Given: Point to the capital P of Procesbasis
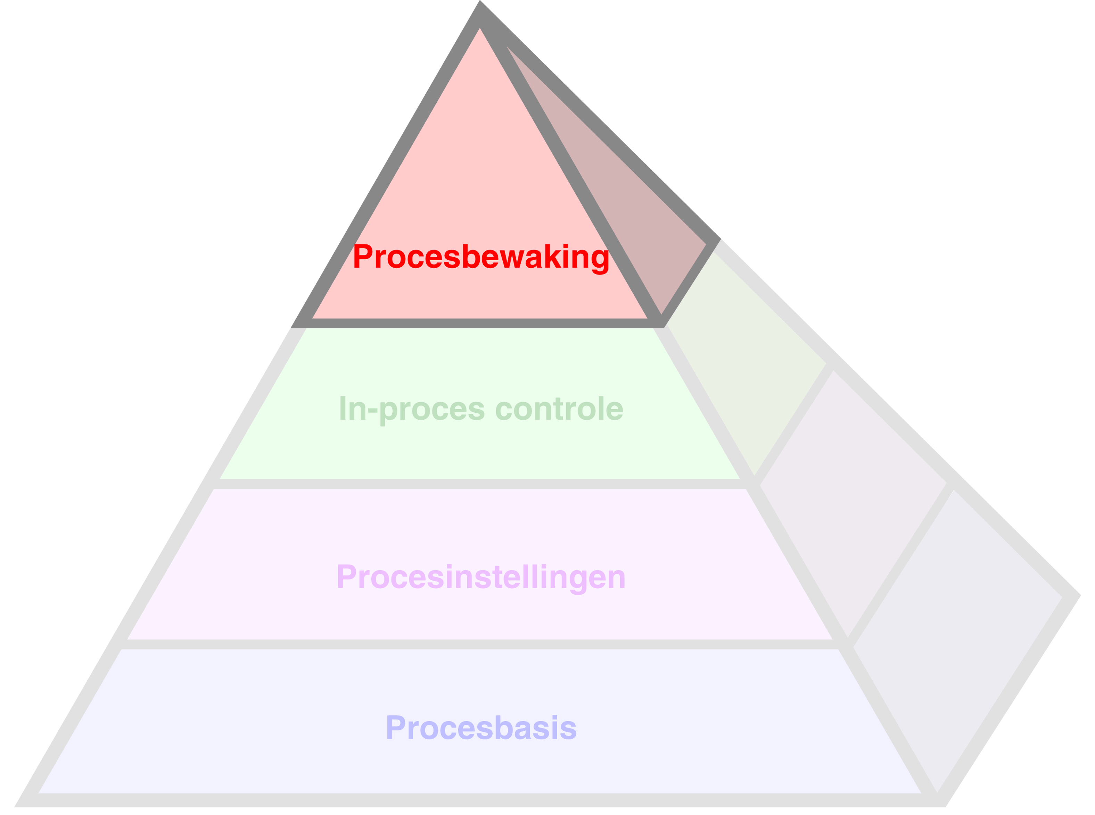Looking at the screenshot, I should point(395,727).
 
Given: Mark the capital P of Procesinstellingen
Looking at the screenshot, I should point(346,576).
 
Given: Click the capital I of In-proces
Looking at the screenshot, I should point(343,407).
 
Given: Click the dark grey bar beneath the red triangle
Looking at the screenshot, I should point(479,323).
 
